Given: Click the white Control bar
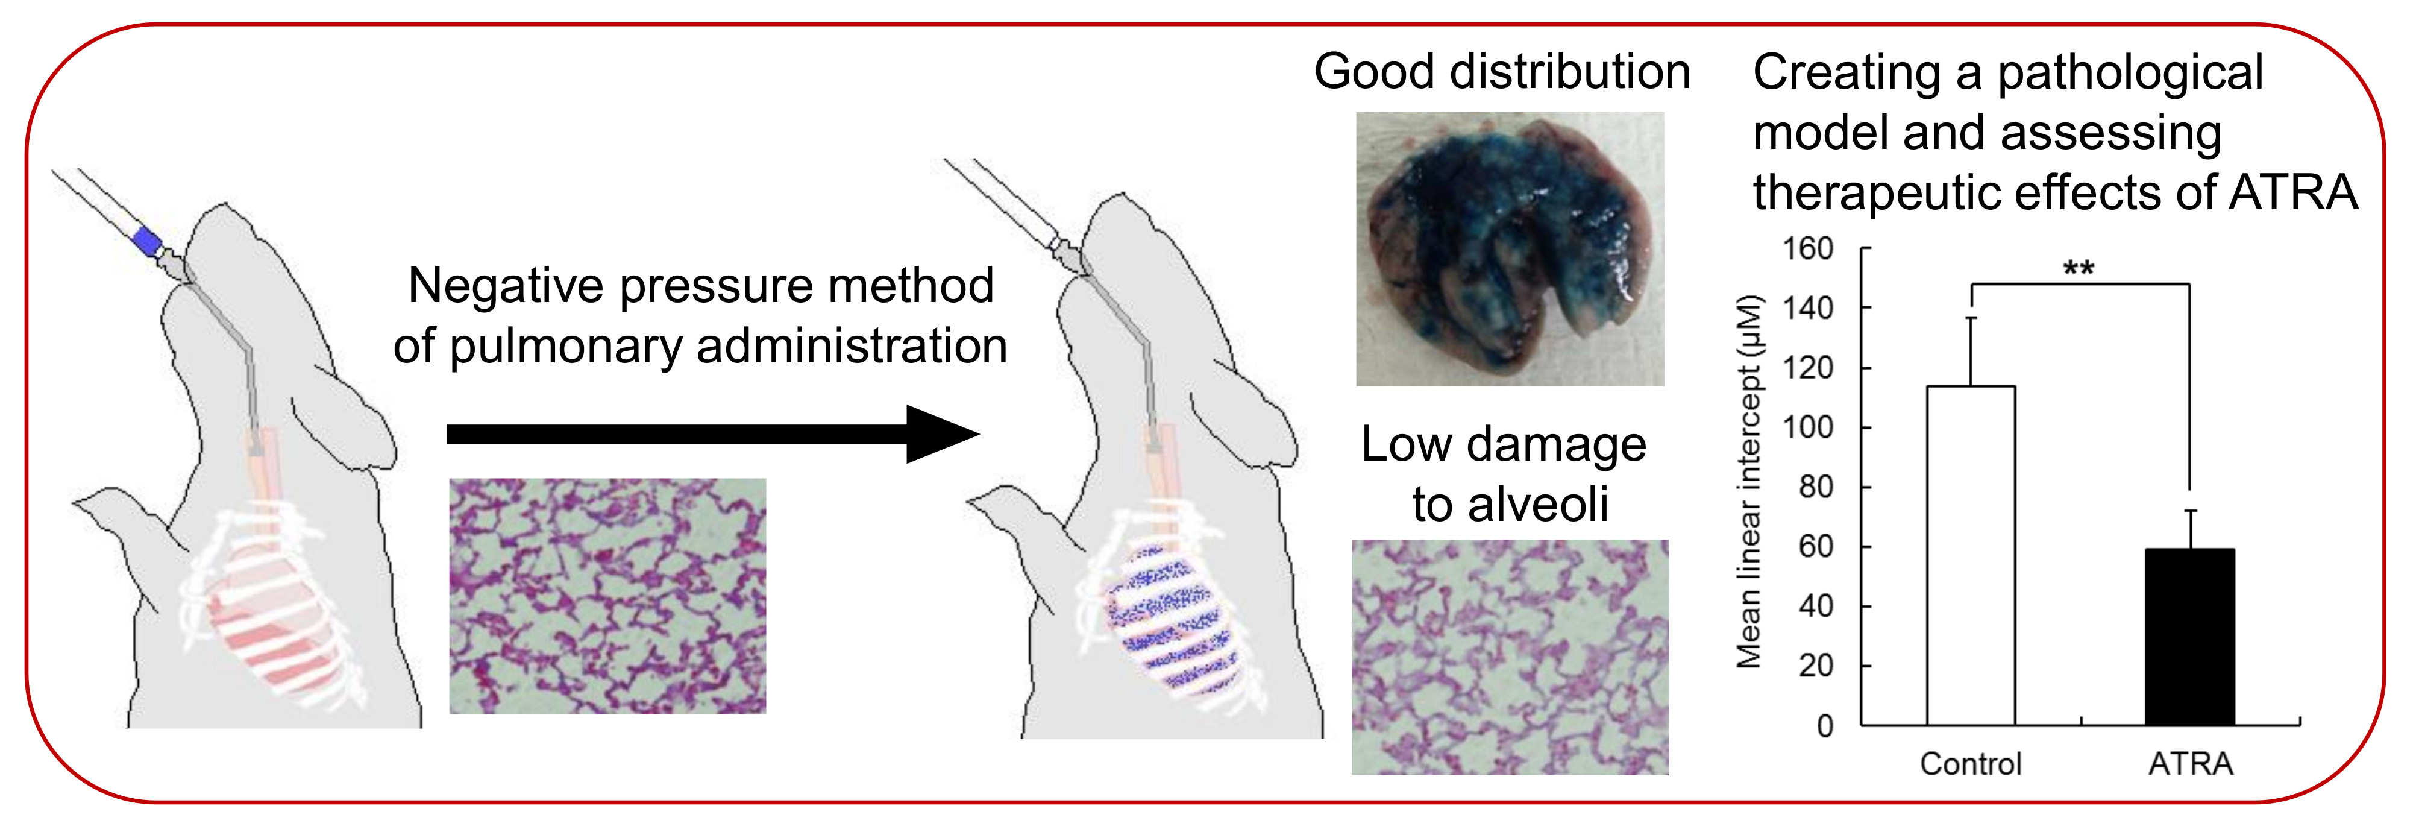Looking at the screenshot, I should tap(1971, 555).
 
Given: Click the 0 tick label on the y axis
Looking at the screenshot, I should tap(1825, 726).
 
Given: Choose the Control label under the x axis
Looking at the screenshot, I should tap(1971, 764).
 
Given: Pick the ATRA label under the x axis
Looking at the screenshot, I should tap(2190, 764).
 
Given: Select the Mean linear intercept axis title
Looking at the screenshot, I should tap(1749, 482).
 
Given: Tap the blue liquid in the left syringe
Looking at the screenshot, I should tap(147, 240).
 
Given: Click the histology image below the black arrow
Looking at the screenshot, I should tap(607, 596).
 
